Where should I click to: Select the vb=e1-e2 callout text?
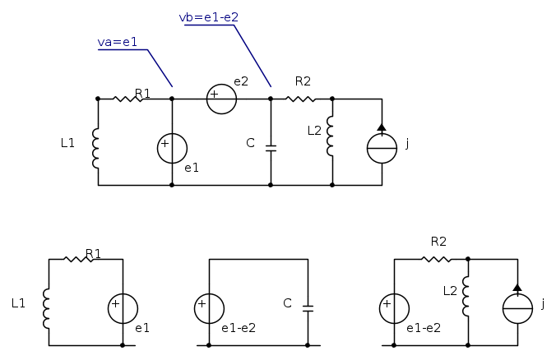tap(208, 16)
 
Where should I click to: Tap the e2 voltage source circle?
tap(221, 99)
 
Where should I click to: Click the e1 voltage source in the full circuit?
tap(172, 148)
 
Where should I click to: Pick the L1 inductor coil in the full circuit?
tap(97, 147)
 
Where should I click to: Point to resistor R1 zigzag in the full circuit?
tap(127, 99)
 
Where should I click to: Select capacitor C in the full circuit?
tap(271, 148)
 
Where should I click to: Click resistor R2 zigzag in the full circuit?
tap(301, 99)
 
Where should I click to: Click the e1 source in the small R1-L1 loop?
tap(123, 309)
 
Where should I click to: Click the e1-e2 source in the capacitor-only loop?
tap(209, 309)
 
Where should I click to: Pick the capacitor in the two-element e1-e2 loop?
tap(308, 309)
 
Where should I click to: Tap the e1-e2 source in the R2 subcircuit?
tap(394, 309)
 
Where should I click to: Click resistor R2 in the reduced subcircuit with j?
tap(436, 260)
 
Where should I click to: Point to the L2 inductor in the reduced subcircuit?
tap(467, 298)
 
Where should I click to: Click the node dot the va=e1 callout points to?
tap(172, 99)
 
